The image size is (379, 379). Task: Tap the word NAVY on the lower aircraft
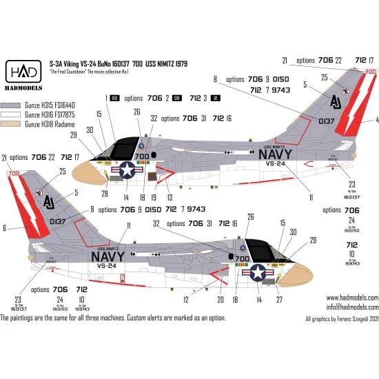click(x=101, y=256)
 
